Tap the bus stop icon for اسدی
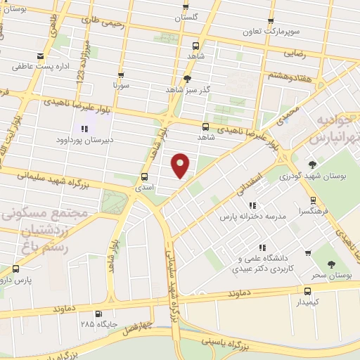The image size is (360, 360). click(145, 176)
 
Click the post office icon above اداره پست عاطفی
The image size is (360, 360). click(41, 56)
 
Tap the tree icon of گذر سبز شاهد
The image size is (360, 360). click(187, 78)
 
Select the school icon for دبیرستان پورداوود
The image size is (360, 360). click(84, 129)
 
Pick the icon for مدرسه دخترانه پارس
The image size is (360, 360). click(252, 205)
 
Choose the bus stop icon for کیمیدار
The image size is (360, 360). click(307, 291)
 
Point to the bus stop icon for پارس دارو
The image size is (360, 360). click(15, 268)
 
